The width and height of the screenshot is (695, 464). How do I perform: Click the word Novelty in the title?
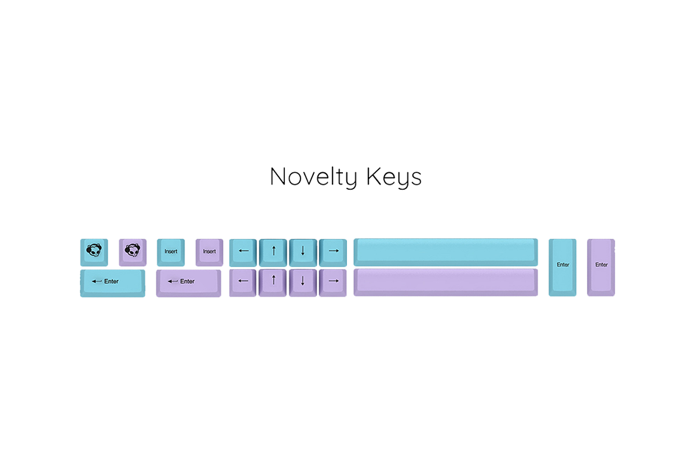[313, 177]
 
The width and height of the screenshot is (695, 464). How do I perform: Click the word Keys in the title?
[394, 177]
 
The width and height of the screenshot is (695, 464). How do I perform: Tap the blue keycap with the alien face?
[94, 252]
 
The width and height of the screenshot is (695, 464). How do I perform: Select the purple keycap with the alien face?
[133, 252]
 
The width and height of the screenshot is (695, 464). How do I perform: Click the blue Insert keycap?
[171, 252]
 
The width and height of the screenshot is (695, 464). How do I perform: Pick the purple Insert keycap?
[209, 252]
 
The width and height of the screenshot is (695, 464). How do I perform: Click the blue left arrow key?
[243, 253]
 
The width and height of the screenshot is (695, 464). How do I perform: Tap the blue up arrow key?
[273, 253]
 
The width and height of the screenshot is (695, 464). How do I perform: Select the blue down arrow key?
[303, 253]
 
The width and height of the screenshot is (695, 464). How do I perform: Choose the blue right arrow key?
[333, 253]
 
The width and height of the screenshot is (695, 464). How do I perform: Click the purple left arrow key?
[243, 283]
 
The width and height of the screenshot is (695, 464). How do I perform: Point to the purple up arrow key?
[273, 283]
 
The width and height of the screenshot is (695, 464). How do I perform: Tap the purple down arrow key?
[303, 283]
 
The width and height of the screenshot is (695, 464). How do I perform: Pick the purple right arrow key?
[333, 283]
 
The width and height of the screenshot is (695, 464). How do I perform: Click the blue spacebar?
[445, 252]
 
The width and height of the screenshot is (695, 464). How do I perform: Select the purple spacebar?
[445, 282]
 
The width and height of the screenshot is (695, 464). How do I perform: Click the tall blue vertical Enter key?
[562, 267]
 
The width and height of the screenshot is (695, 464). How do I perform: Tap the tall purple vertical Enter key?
[601, 267]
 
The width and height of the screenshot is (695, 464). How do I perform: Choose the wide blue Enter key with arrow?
[112, 283]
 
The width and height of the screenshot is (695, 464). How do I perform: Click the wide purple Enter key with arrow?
[189, 283]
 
